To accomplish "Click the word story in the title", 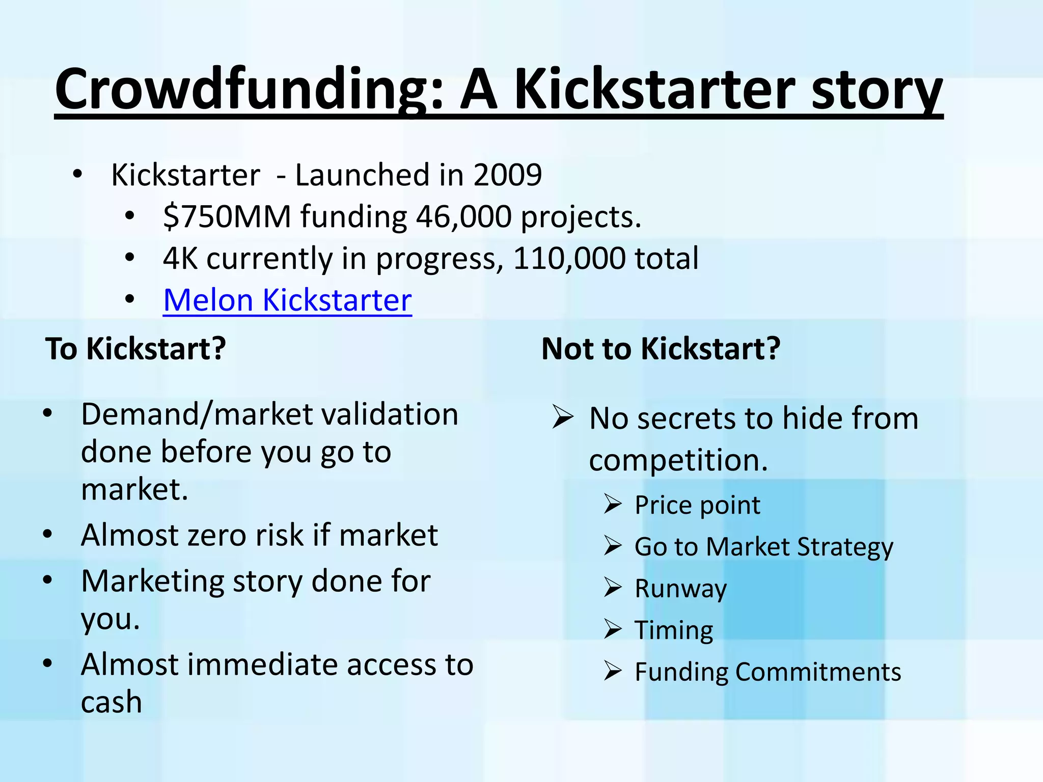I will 876,91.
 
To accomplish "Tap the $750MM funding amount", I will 227,217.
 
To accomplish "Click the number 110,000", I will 568,259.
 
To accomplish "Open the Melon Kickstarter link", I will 287,300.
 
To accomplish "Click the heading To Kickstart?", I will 135,349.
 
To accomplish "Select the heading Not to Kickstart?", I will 661,349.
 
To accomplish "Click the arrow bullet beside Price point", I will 613,505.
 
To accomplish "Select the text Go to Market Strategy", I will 763,547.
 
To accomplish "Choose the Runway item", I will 680,589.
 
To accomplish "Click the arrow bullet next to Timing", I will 613,630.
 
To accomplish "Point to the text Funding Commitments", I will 767,672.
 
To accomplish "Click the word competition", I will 678,460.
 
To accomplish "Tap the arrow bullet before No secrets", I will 563,418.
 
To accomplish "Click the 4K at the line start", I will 180,259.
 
